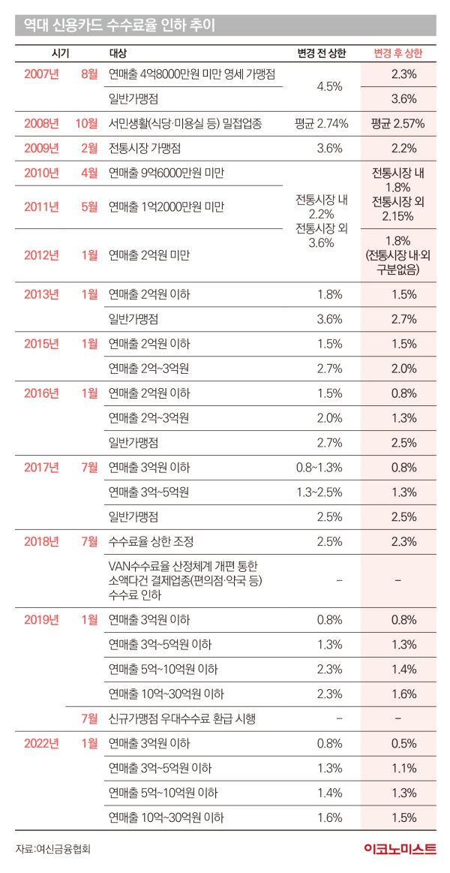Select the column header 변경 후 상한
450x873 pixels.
pyautogui.click(x=397, y=53)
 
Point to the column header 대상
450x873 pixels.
pyautogui.click(x=118, y=53)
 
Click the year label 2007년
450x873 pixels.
pyautogui.click(x=41, y=74)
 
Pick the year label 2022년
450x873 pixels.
pyautogui.click(x=41, y=744)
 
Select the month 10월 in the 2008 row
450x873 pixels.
pyautogui.click(x=88, y=123)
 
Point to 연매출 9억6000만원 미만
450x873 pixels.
pyautogui.click(x=166, y=173)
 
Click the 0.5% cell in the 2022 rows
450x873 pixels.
pyautogui.click(x=403, y=744)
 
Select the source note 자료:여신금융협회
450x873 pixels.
pyautogui.click(x=58, y=849)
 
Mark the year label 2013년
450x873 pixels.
pyautogui.click(x=41, y=294)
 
